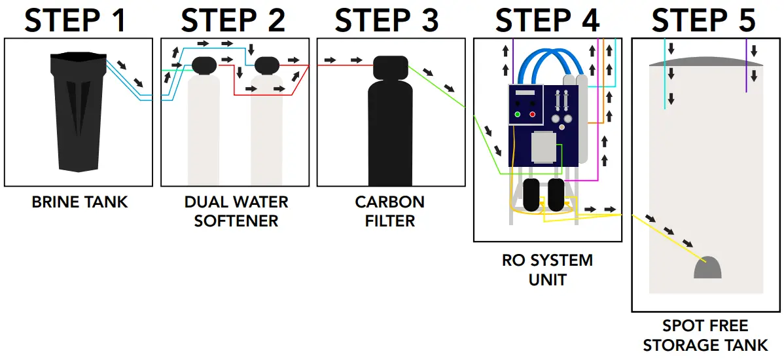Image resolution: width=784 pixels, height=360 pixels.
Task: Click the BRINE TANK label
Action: pos(80,202)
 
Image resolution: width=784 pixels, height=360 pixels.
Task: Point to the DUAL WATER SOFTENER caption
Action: pos(236,211)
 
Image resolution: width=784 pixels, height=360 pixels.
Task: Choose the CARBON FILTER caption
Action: pos(390,211)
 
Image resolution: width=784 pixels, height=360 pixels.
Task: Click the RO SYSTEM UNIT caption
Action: pos(547,270)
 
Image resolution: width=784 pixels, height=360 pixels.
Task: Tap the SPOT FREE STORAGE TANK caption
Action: pos(705,335)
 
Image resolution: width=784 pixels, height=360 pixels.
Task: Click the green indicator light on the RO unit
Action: pos(518,115)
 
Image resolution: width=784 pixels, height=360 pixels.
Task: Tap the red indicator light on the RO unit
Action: pos(532,115)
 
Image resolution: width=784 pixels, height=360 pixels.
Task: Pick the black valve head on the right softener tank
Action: pos(266,65)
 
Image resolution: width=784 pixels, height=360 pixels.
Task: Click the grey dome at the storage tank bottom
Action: pos(707,269)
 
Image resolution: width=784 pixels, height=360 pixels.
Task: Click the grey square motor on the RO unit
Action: pos(543,147)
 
